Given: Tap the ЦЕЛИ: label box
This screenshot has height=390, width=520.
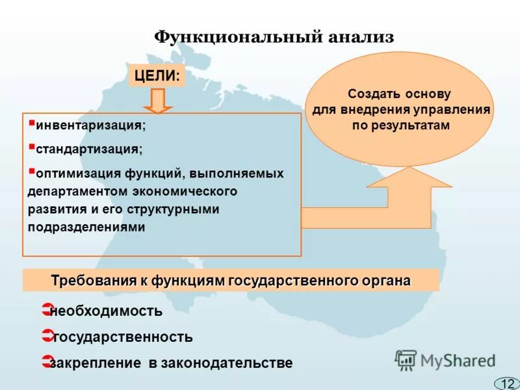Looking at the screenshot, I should coord(157,75).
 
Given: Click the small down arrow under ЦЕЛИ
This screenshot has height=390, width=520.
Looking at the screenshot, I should coord(157,101).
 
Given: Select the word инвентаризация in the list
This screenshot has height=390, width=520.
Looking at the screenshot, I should coord(90,124).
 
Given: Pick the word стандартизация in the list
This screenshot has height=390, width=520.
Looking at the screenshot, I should coord(88,149).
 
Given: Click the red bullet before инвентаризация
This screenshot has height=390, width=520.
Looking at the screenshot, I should coord(32,121).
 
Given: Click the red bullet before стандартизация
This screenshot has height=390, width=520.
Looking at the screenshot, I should coord(32,146).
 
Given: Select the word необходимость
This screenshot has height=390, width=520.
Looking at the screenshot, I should coord(106,311).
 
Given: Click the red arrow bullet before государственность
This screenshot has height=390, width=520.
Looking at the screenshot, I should coord(45,336).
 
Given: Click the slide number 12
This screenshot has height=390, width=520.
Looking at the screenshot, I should coord(507,383).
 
